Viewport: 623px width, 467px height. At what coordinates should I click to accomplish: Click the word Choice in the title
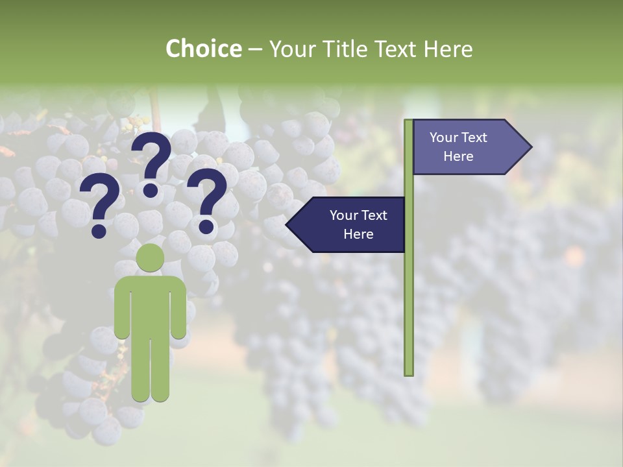[x=203, y=49]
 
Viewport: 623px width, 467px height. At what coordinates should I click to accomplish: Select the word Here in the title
[x=447, y=49]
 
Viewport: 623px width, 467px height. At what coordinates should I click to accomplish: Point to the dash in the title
[x=255, y=50]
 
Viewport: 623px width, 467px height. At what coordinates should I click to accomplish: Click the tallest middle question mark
[x=151, y=162]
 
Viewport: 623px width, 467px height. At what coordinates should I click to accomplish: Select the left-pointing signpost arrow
[x=347, y=224]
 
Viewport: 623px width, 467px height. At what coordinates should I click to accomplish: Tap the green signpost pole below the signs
[x=409, y=311]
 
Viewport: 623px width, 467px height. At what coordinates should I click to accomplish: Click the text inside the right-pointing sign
[x=458, y=147]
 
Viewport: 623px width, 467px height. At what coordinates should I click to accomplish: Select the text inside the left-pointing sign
[x=358, y=224]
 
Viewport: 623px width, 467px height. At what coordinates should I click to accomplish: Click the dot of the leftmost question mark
[x=99, y=230]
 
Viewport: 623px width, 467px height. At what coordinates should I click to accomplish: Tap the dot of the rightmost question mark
[x=206, y=226]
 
